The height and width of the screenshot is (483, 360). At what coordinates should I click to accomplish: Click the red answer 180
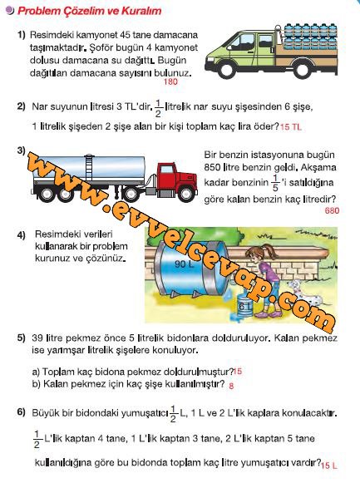coord(170,81)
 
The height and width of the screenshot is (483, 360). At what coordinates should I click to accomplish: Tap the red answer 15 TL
coord(291,127)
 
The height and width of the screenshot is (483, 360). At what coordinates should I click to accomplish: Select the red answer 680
coord(332,210)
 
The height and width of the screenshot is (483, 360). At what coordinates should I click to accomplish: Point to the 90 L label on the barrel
coord(185,264)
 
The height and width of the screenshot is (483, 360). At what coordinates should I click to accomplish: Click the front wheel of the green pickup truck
coord(227,69)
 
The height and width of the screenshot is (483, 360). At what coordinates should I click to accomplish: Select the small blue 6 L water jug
coord(245,306)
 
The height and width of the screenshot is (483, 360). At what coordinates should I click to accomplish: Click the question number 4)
coord(22,235)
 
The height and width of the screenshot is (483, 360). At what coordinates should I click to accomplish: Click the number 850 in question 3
coord(212,168)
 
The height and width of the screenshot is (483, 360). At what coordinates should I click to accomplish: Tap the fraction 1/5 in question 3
coord(275,183)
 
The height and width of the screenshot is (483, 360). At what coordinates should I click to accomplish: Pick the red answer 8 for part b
coord(231,386)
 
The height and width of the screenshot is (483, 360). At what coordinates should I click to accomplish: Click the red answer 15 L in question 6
coord(329,466)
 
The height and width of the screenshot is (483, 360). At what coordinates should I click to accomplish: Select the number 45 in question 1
coord(126,35)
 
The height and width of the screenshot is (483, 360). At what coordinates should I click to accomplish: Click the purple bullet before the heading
coord(10,11)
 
